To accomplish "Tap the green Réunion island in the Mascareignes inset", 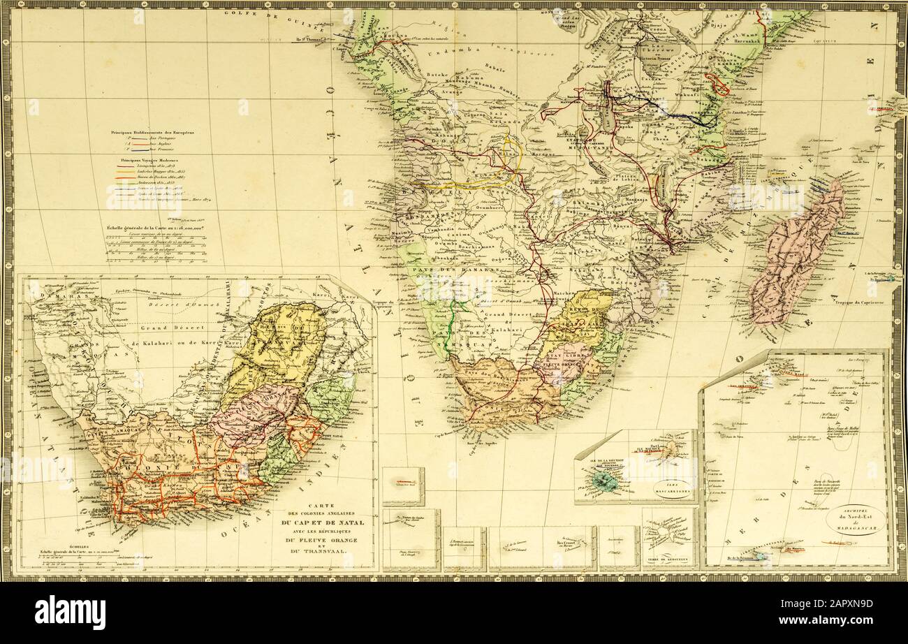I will coord(601,481).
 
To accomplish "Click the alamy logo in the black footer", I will coord(70,613).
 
